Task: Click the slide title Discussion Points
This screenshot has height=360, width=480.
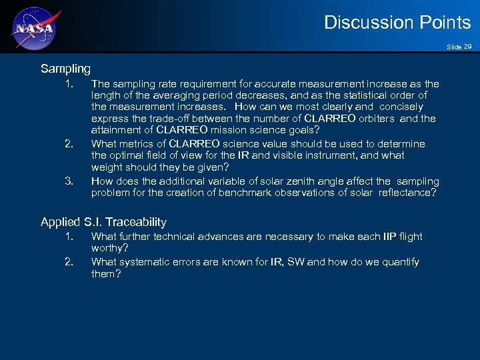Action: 397,23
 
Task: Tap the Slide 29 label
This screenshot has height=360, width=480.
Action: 459,46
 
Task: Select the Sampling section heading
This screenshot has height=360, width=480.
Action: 65,69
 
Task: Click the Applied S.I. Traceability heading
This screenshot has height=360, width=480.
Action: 103,222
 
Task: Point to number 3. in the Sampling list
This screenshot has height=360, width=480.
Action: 69,181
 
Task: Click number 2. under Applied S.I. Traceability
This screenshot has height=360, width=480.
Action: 69,261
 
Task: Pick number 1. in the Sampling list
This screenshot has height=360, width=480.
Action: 69,84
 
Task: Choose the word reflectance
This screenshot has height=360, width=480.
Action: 408,193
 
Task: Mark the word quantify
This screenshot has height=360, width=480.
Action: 399,262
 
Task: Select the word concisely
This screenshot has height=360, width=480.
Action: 401,107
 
